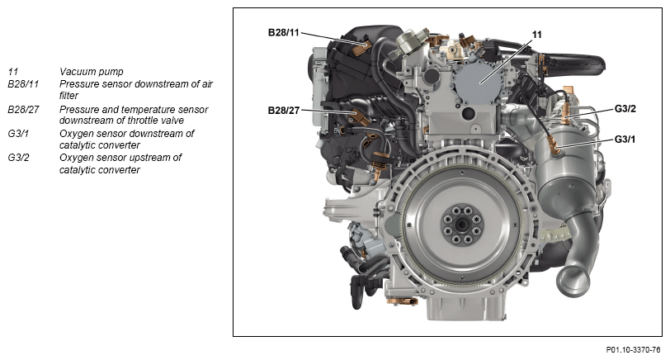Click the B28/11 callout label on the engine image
[283, 32]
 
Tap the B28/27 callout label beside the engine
[283, 111]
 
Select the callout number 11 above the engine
[536, 35]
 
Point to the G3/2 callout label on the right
[625, 109]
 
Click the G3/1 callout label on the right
[625, 139]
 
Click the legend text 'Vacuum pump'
[92, 71]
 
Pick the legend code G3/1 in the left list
[18, 134]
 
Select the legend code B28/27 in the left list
[23, 110]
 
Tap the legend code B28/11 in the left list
[23, 83]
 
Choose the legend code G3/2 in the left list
[18, 158]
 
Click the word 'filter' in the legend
[68, 95]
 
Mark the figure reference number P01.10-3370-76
[633, 350]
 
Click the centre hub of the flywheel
[462, 224]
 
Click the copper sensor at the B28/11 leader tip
[361, 46]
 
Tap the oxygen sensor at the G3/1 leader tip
[555, 148]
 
